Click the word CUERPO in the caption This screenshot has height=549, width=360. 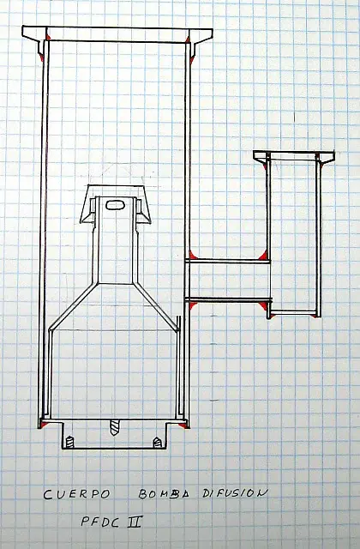click(76, 494)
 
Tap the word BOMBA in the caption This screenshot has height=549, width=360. click(164, 494)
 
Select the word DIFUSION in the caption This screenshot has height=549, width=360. click(235, 493)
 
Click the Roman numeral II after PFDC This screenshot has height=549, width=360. click(135, 522)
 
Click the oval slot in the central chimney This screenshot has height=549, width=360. click(115, 205)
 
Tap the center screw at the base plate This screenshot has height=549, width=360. click(114, 427)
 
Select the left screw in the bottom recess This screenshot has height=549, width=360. click(70, 443)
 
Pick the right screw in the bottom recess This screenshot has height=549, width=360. click(158, 443)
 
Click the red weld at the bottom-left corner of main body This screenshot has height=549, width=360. click(43, 425)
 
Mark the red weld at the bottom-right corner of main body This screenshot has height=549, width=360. click(183, 425)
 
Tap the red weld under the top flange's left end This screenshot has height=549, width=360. click(42, 57)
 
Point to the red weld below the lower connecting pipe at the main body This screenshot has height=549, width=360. click(193, 306)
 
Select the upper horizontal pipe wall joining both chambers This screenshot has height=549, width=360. click(228, 261)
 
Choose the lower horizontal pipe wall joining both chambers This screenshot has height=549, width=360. click(228, 299)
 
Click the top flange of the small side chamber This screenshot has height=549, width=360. click(293, 156)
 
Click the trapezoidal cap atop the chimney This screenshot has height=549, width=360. click(115, 204)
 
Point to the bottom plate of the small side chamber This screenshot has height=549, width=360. click(294, 311)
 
